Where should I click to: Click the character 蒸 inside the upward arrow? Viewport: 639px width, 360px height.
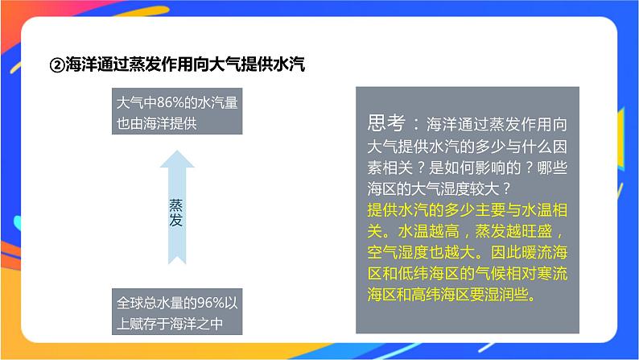coord(175,205)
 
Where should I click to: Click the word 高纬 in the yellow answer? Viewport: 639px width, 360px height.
coord(439,294)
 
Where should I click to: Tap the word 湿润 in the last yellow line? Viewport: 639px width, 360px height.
coord(508,294)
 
